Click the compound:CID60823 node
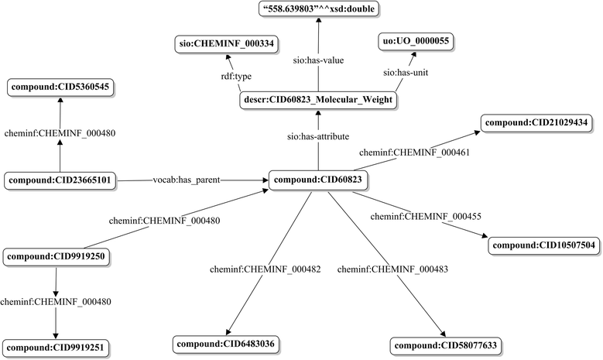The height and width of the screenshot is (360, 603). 317,180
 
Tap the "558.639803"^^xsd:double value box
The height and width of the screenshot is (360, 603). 317,10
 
